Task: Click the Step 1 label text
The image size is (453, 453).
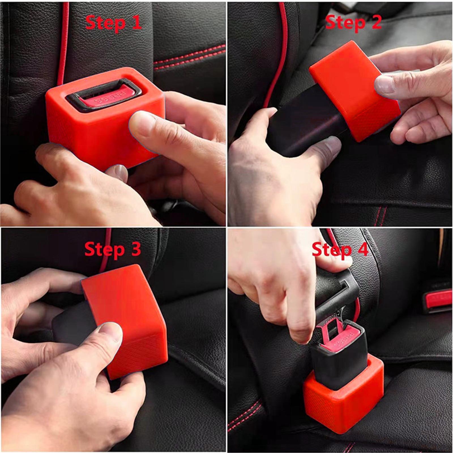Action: point(113,23)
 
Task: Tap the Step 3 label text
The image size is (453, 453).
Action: point(112,249)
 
